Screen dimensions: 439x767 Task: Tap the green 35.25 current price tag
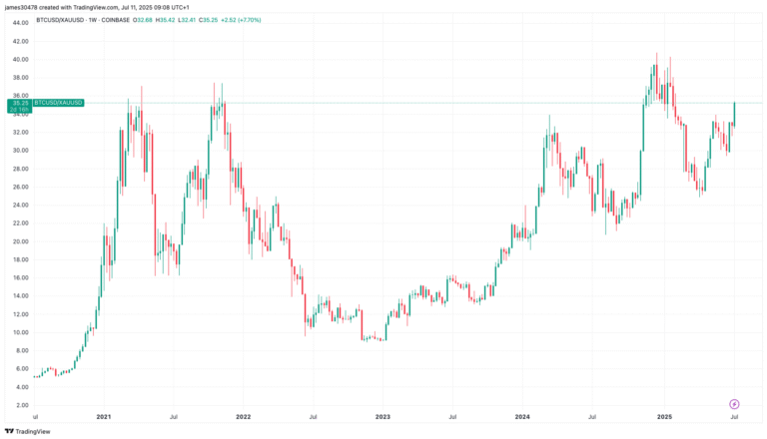[20, 103]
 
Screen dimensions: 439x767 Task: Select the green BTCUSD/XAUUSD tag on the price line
[59, 103]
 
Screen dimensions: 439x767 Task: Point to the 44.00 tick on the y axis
[20, 23]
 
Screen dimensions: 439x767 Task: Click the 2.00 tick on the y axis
[21, 405]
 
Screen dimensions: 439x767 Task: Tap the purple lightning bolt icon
[735, 404]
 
